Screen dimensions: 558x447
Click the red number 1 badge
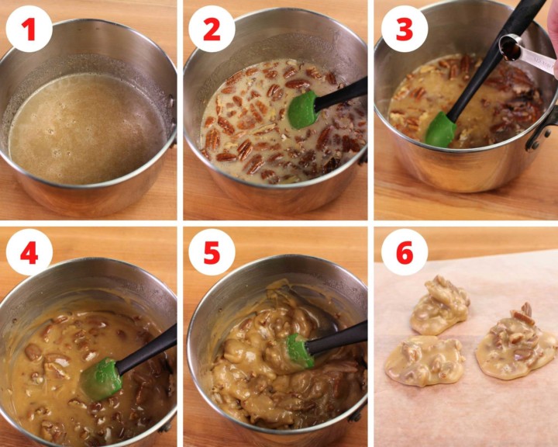[29, 29]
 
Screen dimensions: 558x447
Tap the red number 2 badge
[212, 29]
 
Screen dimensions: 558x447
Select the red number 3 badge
[405, 29]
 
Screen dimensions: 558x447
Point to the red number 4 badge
[29, 252]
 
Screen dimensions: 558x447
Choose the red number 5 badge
[212, 252]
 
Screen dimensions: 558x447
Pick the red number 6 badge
[405, 252]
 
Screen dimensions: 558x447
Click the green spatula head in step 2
[302, 109]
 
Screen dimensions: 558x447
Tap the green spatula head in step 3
[440, 130]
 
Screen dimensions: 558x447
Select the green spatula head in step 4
[101, 379]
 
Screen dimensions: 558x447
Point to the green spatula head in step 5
[301, 351]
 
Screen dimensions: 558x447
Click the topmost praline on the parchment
[440, 306]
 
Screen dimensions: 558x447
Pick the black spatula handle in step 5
[336, 338]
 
